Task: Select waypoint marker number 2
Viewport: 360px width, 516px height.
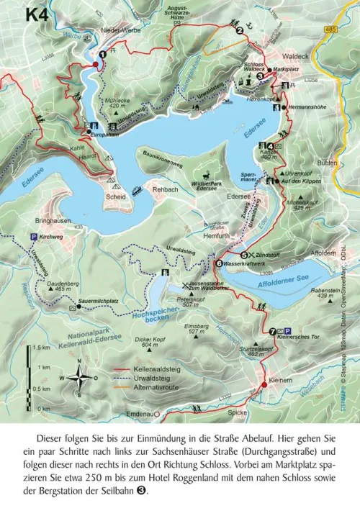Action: coord(239,30)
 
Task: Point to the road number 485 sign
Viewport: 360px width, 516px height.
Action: coord(330,29)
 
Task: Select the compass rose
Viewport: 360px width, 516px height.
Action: coord(82,379)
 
